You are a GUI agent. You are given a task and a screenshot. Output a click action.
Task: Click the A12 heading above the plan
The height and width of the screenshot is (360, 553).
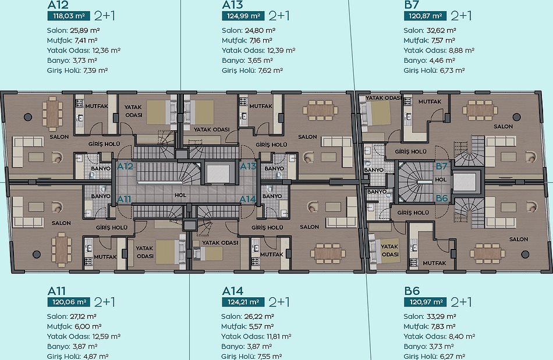point(58,5)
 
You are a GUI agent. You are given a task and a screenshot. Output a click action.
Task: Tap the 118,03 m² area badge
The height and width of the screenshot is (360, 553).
point(69,16)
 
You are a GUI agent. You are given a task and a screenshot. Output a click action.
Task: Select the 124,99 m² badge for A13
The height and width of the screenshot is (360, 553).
point(243,16)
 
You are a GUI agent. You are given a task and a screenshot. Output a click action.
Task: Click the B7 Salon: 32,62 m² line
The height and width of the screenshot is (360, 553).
point(430,30)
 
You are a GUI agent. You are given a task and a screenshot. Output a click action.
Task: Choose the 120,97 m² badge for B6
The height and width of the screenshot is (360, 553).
point(426,302)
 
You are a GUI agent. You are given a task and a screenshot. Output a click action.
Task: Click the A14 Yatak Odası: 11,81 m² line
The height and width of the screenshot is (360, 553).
point(256,336)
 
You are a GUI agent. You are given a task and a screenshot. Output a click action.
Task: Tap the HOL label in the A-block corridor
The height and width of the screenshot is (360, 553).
point(180,195)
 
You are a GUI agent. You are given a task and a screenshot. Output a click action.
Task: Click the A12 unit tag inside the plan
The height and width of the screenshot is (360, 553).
point(125,166)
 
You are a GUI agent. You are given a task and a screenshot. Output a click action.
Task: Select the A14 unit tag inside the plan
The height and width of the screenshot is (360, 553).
point(247,199)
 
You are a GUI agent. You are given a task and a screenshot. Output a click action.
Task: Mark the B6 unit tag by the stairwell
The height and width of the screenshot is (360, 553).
point(442,198)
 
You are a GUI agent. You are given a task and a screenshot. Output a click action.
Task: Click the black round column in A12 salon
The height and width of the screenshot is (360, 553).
point(28,117)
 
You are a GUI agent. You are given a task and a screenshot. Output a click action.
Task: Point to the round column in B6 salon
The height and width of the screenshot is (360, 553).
point(525,254)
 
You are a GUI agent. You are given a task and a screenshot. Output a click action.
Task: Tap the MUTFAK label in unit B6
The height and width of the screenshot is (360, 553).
point(434,263)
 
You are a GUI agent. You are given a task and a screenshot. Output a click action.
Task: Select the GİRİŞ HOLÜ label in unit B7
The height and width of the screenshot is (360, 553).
point(410,151)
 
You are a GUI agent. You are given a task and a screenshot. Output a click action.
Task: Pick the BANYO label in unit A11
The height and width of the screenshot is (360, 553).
point(101,196)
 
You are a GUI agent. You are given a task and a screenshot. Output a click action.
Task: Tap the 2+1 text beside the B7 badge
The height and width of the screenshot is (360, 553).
point(461,16)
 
